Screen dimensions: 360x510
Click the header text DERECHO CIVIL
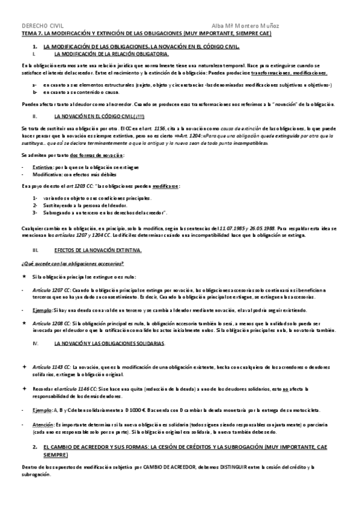[x=41, y=26]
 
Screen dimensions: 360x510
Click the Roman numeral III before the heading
[x=35, y=249]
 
